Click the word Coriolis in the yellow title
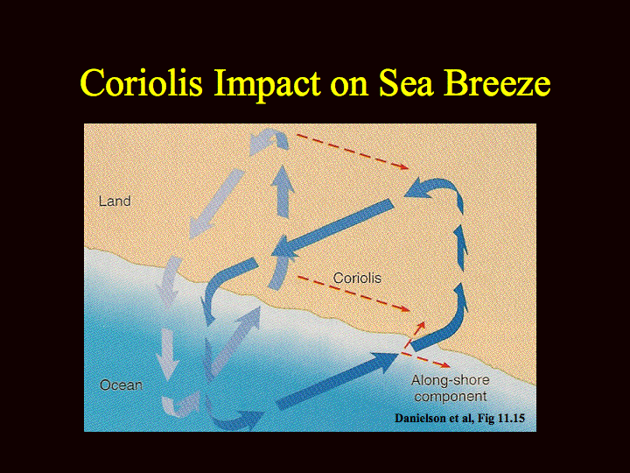tap(142, 82)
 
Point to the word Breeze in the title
tap(497, 82)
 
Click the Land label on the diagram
tap(115, 201)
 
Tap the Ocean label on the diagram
tap(121, 385)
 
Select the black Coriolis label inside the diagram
tap(357, 278)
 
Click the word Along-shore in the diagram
tap(450, 380)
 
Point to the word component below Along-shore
tap(451, 397)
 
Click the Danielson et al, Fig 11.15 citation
tap(460, 419)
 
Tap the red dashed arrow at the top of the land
tap(353, 152)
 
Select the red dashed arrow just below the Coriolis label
tap(353, 293)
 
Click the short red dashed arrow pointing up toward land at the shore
tap(416, 335)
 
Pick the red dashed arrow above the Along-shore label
tap(425, 359)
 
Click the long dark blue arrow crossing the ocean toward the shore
tap(338, 380)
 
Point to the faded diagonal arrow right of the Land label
tap(216, 203)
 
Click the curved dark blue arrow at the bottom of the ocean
tap(234, 420)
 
